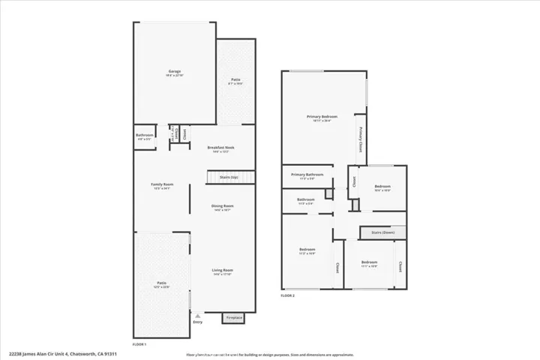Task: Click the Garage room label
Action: pyautogui.click(x=175, y=72)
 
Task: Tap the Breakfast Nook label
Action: pyautogui.click(x=221, y=148)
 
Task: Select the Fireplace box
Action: pyautogui.click(x=233, y=318)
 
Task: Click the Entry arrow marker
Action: pyautogui.click(x=197, y=316)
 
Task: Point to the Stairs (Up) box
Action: pyautogui.click(x=229, y=178)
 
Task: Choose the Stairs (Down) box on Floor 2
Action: pyautogui.click(x=382, y=232)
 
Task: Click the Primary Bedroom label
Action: pyautogui.click(x=322, y=117)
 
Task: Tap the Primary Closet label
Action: pyautogui.click(x=360, y=139)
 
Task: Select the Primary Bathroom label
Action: pyautogui.click(x=307, y=175)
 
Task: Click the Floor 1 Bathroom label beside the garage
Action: pyautogui.click(x=145, y=136)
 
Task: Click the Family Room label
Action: pyautogui.click(x=162, y=184)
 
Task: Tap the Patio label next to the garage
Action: pyautogui.click(x=235, y=79)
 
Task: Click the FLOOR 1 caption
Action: pyautogui.click(x=139, y=344)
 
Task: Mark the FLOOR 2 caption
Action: pyautogui.click(x=288, y=296)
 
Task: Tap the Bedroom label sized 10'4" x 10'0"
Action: pyautogui.click(x=382, y=187)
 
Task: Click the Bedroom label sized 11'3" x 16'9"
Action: pyautogui.click(x=307, y=250)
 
